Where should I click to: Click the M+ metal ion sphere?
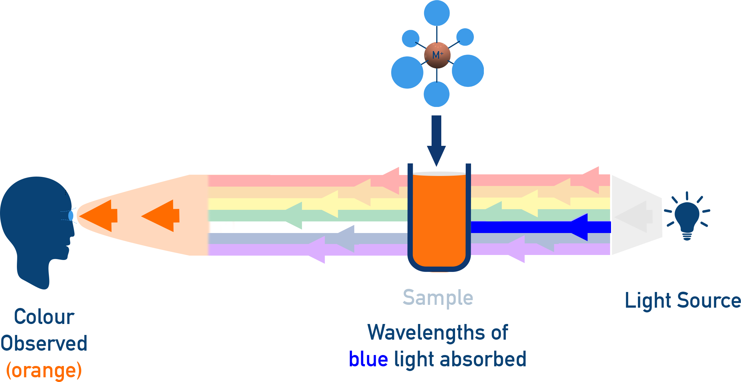click(437, 55)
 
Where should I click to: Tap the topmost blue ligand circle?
click(437, 13)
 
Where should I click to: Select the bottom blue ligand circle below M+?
click(437, 94)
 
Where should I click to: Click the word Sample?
click(438, 298)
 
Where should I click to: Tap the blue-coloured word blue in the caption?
click(368, 359)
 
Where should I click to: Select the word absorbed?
click(483, 359)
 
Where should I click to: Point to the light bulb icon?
click(687, 218)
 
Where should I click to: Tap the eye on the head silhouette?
click(71, 216)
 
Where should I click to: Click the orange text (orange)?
click(44, 371)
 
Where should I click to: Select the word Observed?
click(44, 343)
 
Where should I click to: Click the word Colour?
click(44, 317)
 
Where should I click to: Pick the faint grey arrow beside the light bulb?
click(634, 216)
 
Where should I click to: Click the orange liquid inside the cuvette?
click(439, 220)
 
